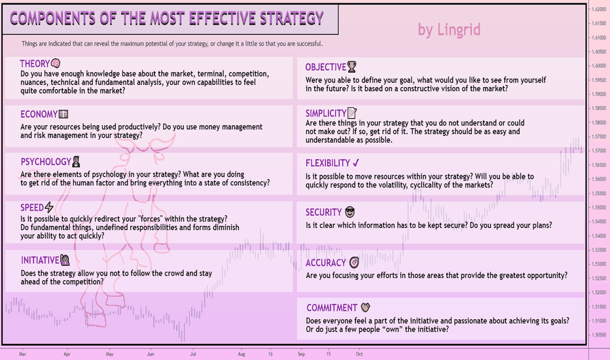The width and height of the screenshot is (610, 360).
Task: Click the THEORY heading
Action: [35, 64]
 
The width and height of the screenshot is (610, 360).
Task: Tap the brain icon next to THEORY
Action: [56, 63]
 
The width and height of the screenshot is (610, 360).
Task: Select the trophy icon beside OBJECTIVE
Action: [351, 67]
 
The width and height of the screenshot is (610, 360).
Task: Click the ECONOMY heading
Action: [39, 115]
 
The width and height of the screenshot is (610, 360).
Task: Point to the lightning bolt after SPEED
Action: [49, 207]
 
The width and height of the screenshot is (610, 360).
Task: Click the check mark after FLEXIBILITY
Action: [356, 163]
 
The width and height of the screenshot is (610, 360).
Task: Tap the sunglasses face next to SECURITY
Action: [350, 212]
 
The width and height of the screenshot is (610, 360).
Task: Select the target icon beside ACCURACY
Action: [354, 262]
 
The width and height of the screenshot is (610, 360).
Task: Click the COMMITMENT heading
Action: [331, 308]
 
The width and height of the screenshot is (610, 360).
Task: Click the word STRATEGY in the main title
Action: [291, 18]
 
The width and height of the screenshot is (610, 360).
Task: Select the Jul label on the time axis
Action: [193, 354]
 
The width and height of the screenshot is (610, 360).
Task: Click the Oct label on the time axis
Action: [359, 354]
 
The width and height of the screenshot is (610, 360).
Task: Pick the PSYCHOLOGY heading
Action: [46, 162]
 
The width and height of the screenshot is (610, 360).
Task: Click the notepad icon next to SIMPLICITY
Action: [351, 113]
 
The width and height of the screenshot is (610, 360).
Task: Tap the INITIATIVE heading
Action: [40, 261]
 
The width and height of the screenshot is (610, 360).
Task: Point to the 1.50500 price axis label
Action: [599, 334]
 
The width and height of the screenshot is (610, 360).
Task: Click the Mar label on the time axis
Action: [22, 354]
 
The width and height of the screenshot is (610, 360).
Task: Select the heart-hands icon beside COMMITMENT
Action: [365, 308]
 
